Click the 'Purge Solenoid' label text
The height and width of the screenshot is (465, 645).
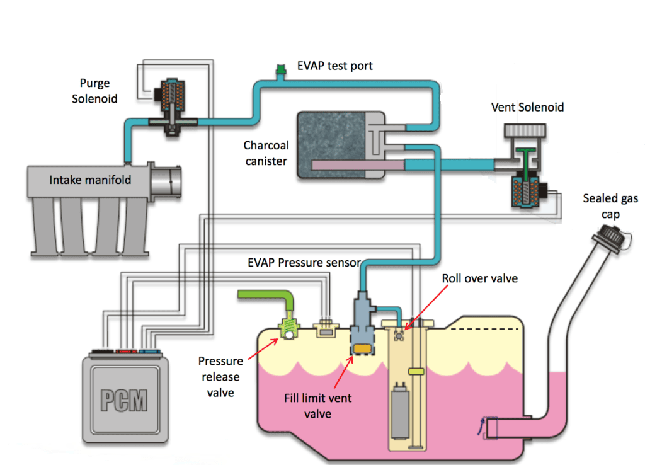[98, 91]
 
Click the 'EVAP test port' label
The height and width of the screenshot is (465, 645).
[334, 66]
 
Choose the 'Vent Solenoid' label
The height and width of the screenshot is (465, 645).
[527, 107]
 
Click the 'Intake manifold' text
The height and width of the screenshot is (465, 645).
[90, 180]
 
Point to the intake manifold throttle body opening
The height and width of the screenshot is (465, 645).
[169, 183]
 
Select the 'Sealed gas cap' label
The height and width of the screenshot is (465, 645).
[610, 206]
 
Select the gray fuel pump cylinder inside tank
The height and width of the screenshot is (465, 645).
[399, 410]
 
